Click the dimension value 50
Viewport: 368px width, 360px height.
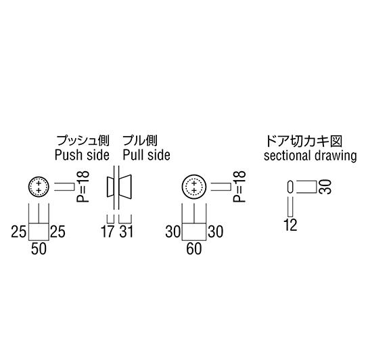39,249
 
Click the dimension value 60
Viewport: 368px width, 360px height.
194,249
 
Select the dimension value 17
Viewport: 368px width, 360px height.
108,231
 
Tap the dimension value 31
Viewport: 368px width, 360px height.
127,231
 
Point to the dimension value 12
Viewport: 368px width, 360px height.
291,225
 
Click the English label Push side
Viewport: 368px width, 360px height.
82,155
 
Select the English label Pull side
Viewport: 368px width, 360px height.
146,155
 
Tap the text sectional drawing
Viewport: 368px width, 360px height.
310,156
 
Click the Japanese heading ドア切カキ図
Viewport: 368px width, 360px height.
304,141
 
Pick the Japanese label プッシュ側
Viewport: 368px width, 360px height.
83,141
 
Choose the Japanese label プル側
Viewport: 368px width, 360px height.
140,141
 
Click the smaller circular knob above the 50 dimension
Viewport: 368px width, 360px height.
39,187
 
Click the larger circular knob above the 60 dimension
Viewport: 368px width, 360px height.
194,187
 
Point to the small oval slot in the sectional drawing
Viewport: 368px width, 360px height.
290,187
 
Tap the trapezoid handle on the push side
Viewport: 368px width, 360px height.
110,187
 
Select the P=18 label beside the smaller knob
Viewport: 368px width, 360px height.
83,187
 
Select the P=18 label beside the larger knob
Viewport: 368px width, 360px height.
239,187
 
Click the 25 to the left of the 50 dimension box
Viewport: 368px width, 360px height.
18,231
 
